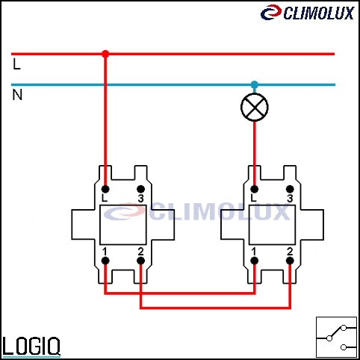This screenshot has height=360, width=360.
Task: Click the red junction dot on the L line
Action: (x=105, y=54)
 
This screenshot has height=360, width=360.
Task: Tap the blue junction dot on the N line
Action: (x=254, y=84)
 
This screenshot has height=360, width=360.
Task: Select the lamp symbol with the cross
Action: (x=255, y=108)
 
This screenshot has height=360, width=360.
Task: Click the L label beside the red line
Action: (x=16, y=64)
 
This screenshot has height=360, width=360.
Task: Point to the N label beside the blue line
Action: (x=17, y=95)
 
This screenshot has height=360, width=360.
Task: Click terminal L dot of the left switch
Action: (x=105, y=189)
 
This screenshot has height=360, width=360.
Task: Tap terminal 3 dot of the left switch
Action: (x=140, y=189)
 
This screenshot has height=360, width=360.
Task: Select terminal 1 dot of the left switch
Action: (x=105, y=261)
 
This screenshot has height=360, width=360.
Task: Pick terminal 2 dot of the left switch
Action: (x=140, y=261)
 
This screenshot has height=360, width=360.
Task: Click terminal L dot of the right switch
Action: (x=254, y=189)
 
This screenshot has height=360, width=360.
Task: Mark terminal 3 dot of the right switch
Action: (x=290, y=189)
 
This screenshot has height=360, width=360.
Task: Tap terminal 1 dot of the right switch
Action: (x=254, y=261)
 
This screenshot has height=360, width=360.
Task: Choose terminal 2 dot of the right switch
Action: (x=290, y=261)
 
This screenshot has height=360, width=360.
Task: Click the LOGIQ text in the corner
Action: (x=31, y=346)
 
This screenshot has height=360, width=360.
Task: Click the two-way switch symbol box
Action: (x=336, y=337)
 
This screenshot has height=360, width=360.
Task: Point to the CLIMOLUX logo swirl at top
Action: (x=271, y=12)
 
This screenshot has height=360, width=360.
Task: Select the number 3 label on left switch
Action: (x=140, y=199)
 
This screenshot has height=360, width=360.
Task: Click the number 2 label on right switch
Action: (x=290, y=252)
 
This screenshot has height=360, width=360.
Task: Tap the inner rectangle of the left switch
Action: (x=123, y=225)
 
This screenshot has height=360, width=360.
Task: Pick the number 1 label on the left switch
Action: (x=105, y=252)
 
